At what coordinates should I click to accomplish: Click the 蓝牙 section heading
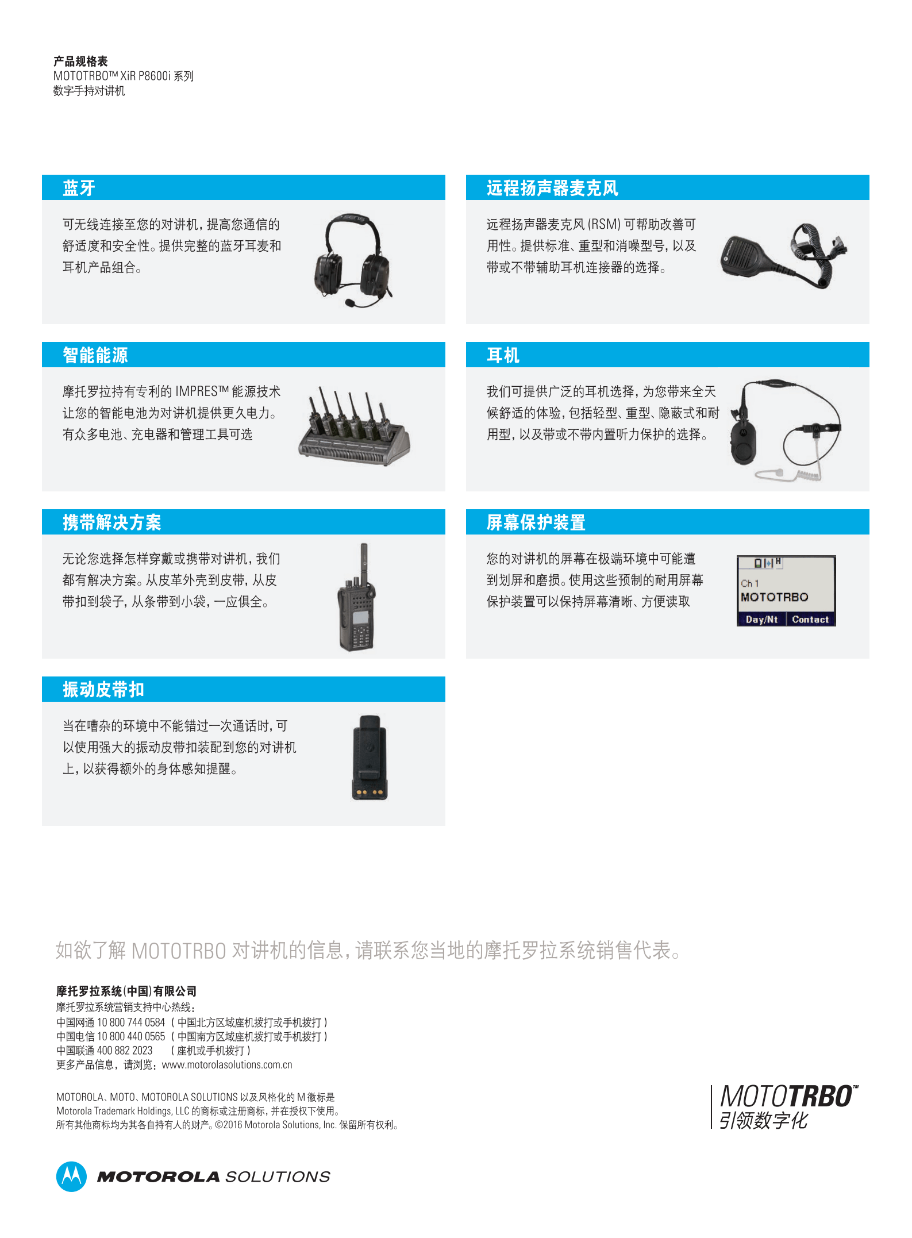click(79, 188)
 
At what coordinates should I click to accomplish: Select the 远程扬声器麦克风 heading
click(552, 188)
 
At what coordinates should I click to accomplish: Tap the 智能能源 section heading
click(95, 355)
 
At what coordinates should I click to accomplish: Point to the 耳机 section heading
click(503, 355)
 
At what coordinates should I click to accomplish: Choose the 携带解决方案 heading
click(112, 522)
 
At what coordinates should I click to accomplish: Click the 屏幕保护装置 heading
click(536, 522)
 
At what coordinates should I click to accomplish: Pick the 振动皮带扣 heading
click(103, 690)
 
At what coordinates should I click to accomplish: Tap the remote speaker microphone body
click(744, 256)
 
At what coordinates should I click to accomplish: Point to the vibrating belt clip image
click(370, 758)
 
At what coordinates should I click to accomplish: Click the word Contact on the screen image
click(810, 620)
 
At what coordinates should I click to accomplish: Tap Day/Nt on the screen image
click(761, 620)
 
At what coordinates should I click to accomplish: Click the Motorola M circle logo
click(71, 1177)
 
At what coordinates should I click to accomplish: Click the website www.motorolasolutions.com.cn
click(227, 1065)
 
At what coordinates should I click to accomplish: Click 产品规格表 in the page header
click(80, 61)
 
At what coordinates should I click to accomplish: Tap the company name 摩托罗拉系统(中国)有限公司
click(126, 991)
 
